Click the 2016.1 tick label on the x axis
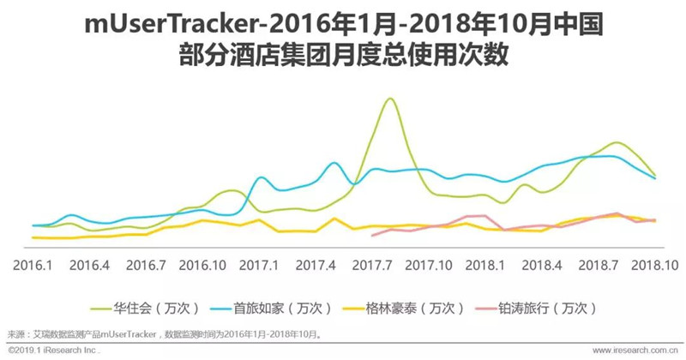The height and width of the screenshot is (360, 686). tap(33, 265)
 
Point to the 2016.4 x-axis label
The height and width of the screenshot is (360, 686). tap(89, 265)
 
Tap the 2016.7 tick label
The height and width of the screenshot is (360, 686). tap(146, 265)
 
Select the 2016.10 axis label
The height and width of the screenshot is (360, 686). tap(202, 265)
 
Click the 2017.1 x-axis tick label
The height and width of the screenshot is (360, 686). tap(259, 265)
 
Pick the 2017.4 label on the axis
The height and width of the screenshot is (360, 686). tap(316, 265)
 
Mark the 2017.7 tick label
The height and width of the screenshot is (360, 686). tap(372, 265)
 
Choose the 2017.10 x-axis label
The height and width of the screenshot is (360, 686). tap(429, 265)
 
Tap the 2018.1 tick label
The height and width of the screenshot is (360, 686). tap(485, 265)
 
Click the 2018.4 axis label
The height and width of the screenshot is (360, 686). tap(542, 265)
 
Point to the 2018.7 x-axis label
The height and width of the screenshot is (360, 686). tap(599, 265)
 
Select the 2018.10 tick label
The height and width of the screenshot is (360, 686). tap(655, 265)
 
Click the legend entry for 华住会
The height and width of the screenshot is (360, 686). tap(145, 308)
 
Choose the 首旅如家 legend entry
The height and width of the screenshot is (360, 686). tap(270, 308)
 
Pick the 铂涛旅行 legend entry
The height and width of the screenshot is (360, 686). tap(535, 308)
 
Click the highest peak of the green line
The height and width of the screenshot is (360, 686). tap(390, 99)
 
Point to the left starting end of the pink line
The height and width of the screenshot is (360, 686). tap(372, 236)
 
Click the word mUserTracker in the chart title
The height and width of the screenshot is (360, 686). tap(173, 25)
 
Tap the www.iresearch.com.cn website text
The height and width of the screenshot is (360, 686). tap(635, 351)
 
